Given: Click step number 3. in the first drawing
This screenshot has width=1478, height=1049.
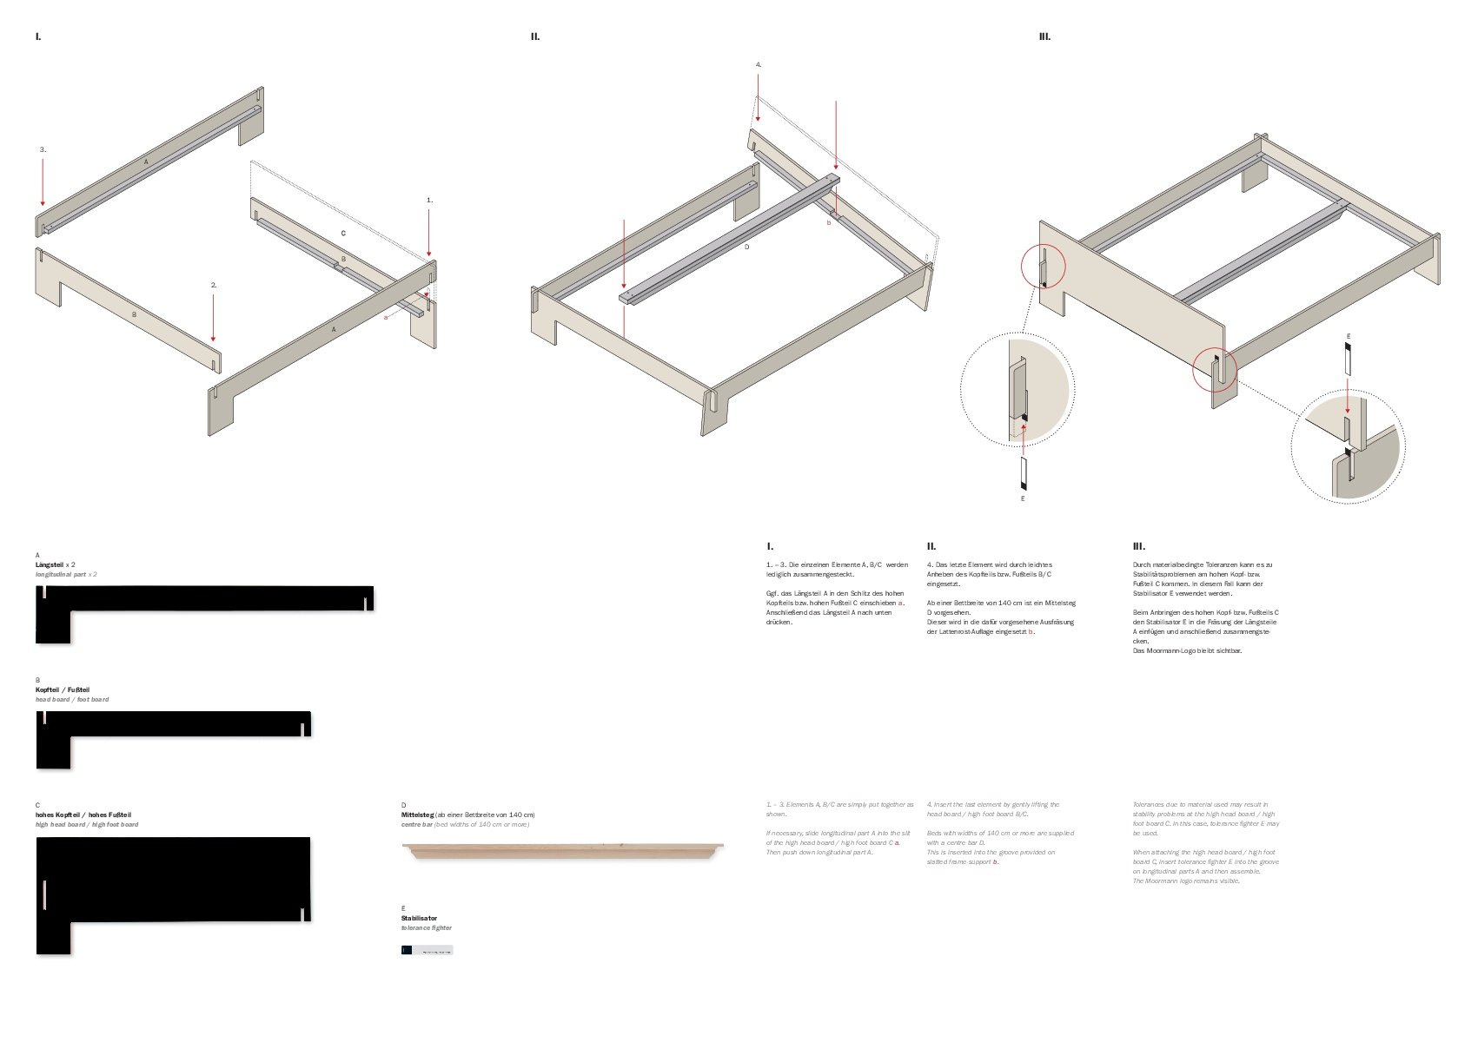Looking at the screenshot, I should click(x=43, y=149).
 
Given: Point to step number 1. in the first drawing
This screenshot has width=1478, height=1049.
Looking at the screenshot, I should click(x=429, y=200).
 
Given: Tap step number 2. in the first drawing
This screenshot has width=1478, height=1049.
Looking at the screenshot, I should click(x=214, y=285).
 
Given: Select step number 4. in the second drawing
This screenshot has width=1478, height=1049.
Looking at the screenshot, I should click(x=759, y=64).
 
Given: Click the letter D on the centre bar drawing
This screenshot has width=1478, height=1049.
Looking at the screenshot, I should click(x=746, y=247).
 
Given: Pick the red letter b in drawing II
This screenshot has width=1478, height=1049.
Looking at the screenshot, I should click(x=828, y=223).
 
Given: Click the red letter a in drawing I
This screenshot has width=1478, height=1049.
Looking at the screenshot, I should click(x=385, y=317).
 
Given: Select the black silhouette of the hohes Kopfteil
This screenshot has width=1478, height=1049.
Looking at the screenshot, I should click(x=174, y=877).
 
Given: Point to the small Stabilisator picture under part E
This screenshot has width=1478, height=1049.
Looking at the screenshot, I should click(x=427, y=950).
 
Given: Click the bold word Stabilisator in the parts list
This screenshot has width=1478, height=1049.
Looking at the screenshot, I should click(x=419, y=918).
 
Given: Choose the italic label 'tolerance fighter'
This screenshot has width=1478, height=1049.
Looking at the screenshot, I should click(x=426, y=928).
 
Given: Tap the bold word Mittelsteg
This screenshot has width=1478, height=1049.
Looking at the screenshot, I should click(x=417, y=815).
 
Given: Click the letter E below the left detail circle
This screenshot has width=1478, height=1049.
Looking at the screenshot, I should click(x=1023, y=499).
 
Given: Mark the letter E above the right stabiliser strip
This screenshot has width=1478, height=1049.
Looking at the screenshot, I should click(x=1349, y=336).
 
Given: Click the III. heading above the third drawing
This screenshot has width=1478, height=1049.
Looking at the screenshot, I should click(x=1044, y=36).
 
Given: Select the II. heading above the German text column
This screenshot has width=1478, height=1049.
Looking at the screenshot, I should click(x=931, y=546).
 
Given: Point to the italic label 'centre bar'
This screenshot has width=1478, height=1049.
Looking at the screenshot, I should click(x=416, y=825).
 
